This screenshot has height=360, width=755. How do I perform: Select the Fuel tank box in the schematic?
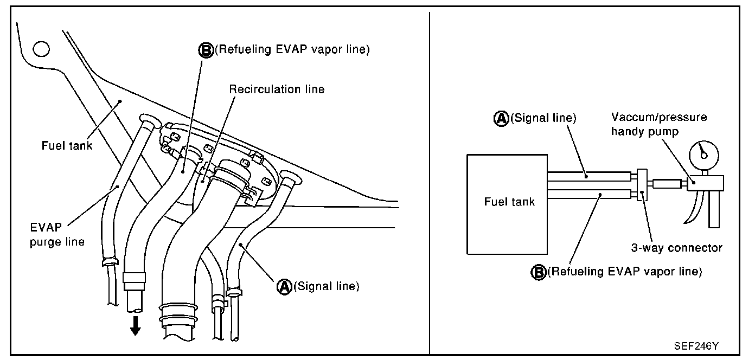click(508, 203)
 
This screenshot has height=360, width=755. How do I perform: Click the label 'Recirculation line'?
click(277, 89)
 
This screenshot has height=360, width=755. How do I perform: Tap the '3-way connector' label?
click(676, 248)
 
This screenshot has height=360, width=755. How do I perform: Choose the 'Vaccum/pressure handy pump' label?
click(659, 124)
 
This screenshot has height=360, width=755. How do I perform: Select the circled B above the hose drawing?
click(206, 50)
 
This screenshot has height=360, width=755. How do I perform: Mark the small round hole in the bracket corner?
click(41, 49)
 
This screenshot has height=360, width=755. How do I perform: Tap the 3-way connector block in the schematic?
click(642, 185)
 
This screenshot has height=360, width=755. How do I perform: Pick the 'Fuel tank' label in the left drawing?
click(67, 145)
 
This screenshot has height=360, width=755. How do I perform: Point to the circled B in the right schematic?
click(537, 271)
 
